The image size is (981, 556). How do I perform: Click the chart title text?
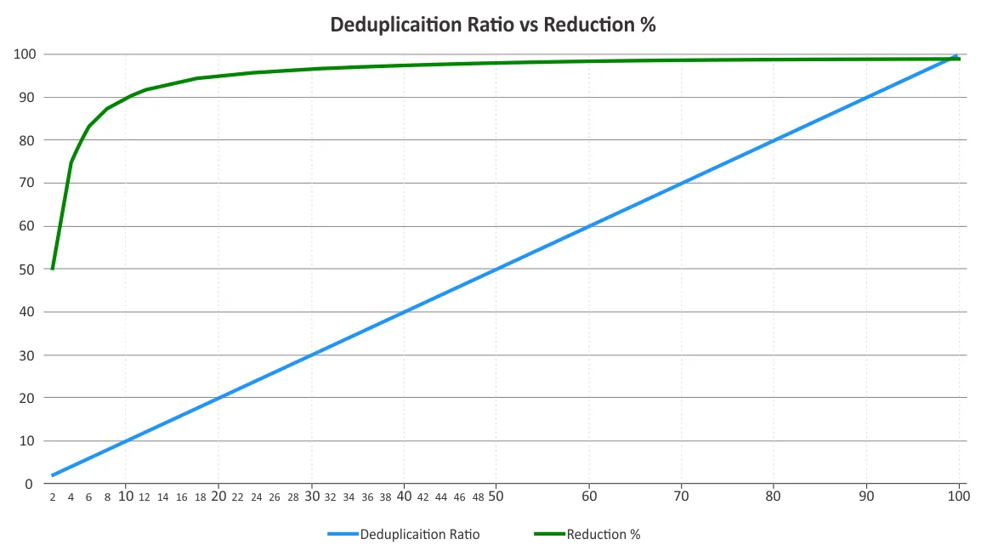492,25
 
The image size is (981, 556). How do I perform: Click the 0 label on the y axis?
28,484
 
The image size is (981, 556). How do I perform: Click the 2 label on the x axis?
53,497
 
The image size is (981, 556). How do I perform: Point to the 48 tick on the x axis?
478,497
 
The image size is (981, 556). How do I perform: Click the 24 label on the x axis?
256,497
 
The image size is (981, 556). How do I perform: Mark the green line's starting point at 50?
53,269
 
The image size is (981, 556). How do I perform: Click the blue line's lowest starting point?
53,475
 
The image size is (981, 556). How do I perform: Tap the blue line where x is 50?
496,269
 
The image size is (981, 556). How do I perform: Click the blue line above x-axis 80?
774,140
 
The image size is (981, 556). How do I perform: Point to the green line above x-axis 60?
589,61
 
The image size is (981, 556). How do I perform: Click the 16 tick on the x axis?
182,497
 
